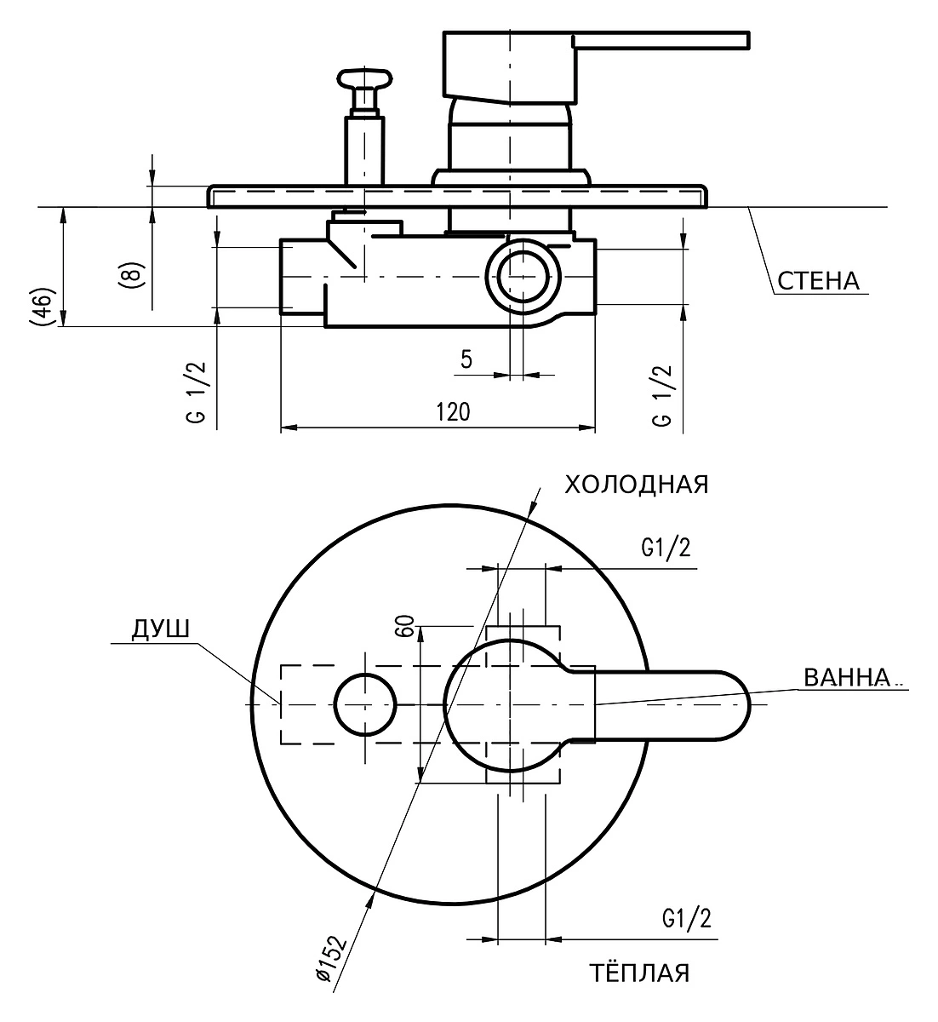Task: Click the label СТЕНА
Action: pyautogui.click(x=818, y=281)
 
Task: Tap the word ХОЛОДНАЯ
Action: pyautogui.click(x=636, y=485)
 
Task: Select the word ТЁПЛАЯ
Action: pyautogui.click(x=639, y=972)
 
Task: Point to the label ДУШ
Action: pyautogui.click(x=161, y=629)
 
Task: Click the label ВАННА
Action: pyautogui.click(x=847, y=677)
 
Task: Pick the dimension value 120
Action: pyautogui.click(x=453, y=411)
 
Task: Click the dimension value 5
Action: pyautogui.click(x=466, y=359)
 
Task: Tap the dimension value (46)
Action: pyautogui.click(x=42, y=307)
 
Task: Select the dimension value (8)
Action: pyautogui.click(x=132, y=276)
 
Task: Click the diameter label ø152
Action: pyautogui.click(x=330, y=958)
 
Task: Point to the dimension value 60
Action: pyautogui.click(x=405, y=626)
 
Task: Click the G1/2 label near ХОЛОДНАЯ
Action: pyautogui.click(x=666, y=548)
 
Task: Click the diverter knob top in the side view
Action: pyautogui.click(x=364, y=78)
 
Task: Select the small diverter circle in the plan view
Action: pyautogui.click(x=365, y=704)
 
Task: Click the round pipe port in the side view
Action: pyautogui.click(x=523, y=276)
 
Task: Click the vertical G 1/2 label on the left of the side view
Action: pyautogui.click(x=197, y=393)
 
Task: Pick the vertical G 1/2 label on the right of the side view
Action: pyautogui.click(x=662, y=395)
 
